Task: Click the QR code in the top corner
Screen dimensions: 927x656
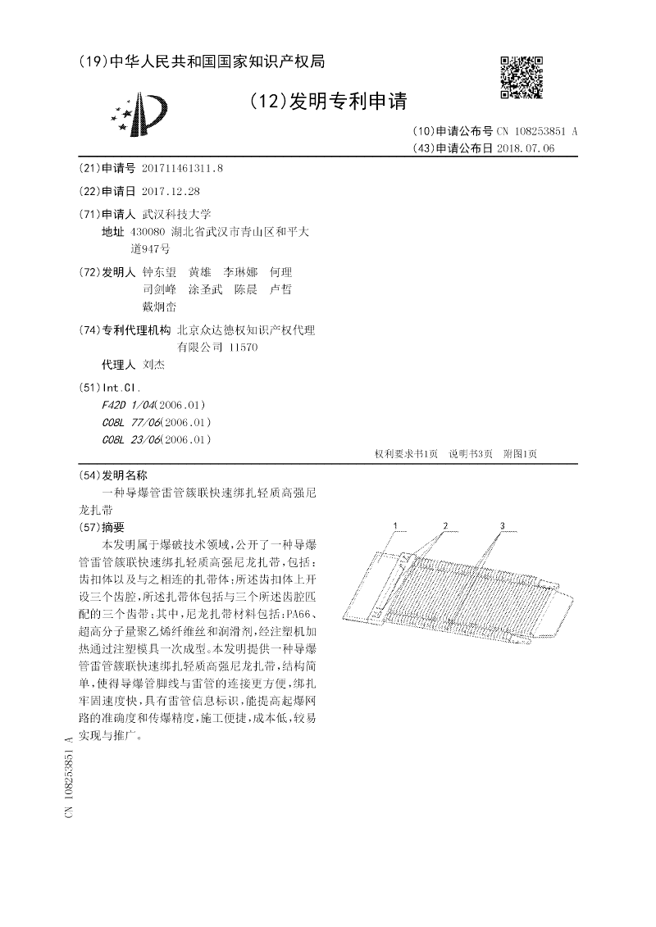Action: click(x=522, y=77)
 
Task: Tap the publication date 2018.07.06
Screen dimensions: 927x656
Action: click(x=526, y=148)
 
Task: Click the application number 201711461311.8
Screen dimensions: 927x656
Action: click(x=182, y=168)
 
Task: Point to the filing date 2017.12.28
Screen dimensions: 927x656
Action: click(x=171, y=191)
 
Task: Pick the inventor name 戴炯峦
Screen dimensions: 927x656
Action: click(x=159, y=307)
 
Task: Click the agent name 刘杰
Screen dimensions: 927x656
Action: click(x=153, y=365)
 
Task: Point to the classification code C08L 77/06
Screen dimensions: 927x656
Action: click(x=132, y=422)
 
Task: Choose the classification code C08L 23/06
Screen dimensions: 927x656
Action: click(x=132, y=439)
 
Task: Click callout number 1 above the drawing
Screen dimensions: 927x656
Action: click(x=396, y=525)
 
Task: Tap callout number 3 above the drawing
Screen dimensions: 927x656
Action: click(x=501, y=525)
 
